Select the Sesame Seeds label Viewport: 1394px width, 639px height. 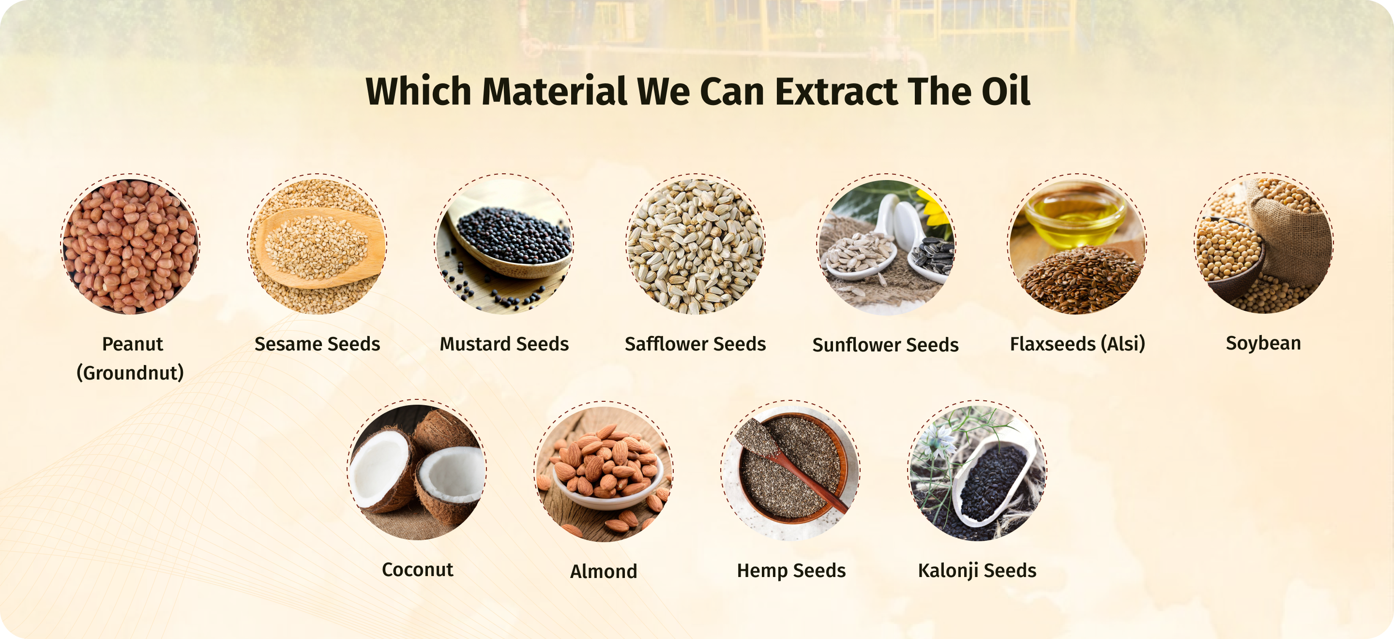coord(317,344)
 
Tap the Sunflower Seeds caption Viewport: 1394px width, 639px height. coord(885,345)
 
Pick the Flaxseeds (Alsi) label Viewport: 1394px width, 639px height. coord(1077,344)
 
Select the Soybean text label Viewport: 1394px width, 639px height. coord(1263,344)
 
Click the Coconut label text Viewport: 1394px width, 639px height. coord(417,570)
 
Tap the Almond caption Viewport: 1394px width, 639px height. coord(604,571)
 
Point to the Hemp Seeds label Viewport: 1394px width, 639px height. coord(791,571)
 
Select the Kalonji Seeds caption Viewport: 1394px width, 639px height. coord(977,571)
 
